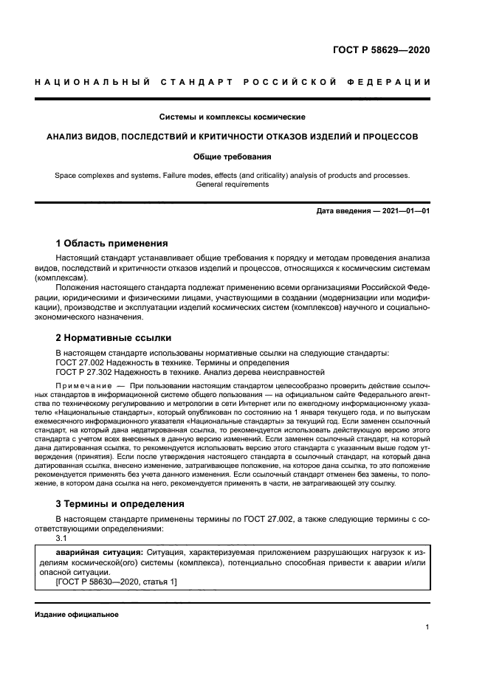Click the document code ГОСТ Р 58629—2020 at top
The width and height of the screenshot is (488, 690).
(382, 50)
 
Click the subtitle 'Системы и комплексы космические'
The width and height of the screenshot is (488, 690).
(233, 117)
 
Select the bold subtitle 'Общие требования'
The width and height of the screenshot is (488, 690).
(233, 156)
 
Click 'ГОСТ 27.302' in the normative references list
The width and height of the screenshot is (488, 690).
(82, 373)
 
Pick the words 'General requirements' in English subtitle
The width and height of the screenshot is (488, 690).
(233, 184)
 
